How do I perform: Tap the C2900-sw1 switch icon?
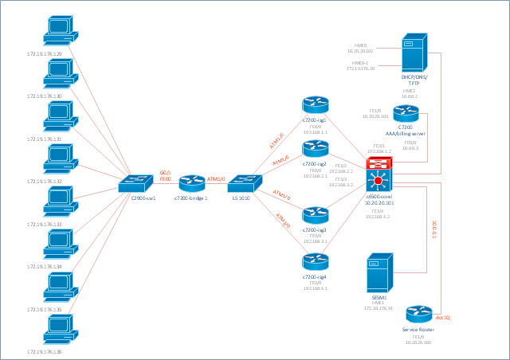click(135, 184)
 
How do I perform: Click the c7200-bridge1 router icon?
click(192, 184)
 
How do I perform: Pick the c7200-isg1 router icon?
click(315, 104)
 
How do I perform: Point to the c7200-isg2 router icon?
click(315, 148)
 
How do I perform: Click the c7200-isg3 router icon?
click(315, 214)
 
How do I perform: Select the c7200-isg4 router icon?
click(315, 260)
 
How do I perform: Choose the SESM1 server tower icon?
click(379, 275)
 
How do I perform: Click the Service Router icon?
click(418, 315)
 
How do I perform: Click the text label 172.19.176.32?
click(44, 182)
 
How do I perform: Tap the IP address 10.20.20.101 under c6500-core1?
click(380, 202)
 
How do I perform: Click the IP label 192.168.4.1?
click(315, 288)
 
